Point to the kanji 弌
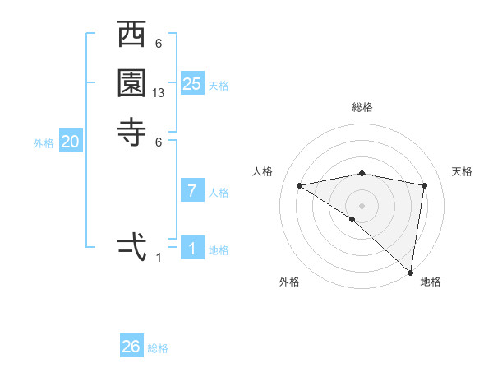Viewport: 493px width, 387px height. point(132,245)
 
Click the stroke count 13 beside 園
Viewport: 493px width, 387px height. point(159,94)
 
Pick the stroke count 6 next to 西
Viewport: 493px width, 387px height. point(158,44)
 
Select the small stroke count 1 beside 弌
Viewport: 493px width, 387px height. point(159,257)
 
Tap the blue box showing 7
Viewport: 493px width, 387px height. point(191,191)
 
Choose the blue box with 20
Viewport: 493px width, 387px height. point(71,142)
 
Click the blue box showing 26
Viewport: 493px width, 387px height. point(131,347)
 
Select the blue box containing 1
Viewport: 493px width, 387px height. point(191,249)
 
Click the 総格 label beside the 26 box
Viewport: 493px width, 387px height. point(159,348)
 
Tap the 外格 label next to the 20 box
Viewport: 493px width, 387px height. point(44,143)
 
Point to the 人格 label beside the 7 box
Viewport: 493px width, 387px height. point(219,193)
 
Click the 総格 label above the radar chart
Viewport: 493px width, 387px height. point(362,107)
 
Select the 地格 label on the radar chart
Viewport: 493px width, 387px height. point(431,282)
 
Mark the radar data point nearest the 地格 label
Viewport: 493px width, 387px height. point(409,271)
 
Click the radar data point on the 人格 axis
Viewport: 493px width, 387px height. point(300,185)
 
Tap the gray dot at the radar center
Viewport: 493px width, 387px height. point(362,205)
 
